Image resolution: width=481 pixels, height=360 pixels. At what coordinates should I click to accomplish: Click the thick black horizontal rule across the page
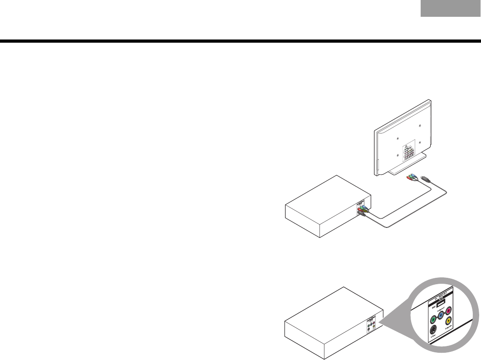240,42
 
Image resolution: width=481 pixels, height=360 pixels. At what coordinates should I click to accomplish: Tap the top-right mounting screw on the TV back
420,125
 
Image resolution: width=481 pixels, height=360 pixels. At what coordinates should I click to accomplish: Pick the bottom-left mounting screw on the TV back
398,155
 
